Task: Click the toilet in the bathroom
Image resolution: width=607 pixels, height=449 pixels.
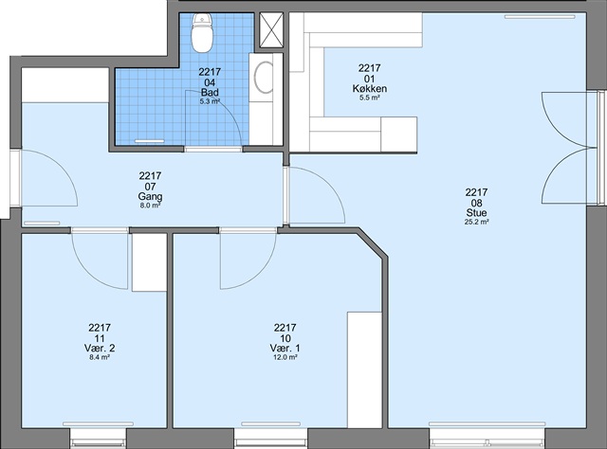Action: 202,33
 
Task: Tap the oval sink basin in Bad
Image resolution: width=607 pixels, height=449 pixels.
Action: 265,77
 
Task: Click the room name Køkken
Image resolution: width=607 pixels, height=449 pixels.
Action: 369,88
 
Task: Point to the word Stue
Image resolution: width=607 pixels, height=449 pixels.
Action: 476,213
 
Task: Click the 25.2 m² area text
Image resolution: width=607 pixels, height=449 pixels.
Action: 476,222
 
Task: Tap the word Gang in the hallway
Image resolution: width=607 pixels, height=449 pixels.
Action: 150,196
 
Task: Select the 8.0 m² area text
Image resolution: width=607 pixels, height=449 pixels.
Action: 150,206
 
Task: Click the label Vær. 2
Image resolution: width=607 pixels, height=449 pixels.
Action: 100,348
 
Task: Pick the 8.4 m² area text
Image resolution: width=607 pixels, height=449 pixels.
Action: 100,357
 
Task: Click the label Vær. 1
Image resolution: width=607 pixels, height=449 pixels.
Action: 285,348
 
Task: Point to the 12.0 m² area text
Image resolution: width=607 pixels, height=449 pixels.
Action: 285,357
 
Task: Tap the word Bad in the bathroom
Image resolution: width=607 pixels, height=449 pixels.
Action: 210,92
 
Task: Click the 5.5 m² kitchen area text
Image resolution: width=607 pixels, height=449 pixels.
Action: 369,98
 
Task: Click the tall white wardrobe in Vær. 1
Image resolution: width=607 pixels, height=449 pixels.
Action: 364,369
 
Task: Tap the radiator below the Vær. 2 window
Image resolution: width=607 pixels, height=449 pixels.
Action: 98,424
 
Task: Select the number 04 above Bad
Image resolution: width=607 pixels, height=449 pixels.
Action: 210,82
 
